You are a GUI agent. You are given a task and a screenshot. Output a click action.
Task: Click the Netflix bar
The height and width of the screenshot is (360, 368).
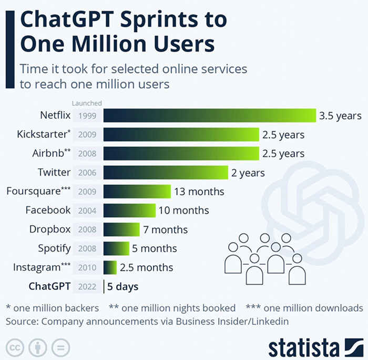(x=209, y=115)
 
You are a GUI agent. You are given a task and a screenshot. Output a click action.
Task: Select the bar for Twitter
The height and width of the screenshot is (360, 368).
(x=166, y=172)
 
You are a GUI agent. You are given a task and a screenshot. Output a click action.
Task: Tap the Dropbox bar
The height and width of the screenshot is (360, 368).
(x=121, y=229)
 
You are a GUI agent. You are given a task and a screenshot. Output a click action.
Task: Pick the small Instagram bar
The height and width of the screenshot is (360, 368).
(x=110, y=267)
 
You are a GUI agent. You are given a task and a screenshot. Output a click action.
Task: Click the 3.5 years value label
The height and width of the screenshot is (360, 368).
(x=340, y=116)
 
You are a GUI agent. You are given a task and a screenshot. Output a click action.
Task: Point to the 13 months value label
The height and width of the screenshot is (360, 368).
(x=199, y=192)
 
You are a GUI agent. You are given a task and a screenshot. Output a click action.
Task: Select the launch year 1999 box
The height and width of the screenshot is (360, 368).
(x=87, y=116)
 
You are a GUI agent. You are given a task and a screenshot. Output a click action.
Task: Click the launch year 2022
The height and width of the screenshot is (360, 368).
(x=87, y=287)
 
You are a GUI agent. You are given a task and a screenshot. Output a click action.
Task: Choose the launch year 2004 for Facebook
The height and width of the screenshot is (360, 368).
(x=87, y=211)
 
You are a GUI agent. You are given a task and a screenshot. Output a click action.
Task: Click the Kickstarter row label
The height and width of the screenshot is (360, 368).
(x=43, y=134)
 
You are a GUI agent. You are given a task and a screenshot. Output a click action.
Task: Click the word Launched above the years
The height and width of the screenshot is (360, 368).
(x=87, y=103)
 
